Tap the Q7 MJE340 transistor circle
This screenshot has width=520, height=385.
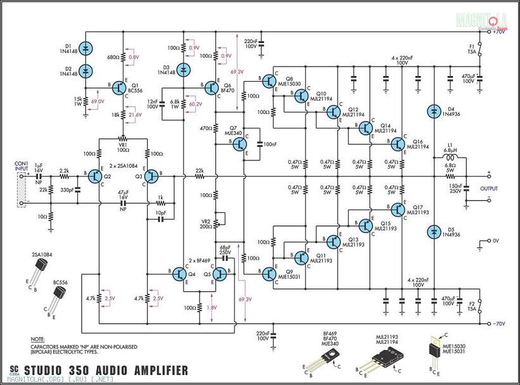click(x=239, y=144)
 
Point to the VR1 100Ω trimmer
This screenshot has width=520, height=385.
click(x=124, y=139)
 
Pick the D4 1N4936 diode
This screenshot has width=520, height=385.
click(x=434, y=111)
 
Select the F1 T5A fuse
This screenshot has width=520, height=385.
click(x=480, y=47)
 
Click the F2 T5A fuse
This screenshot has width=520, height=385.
click(x=480, y=313)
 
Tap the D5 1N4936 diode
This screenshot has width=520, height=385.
click(x=434, y=232)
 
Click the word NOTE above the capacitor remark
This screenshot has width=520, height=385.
click(x=38, y=340)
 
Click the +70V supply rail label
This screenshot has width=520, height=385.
click(x=498, y=32)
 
